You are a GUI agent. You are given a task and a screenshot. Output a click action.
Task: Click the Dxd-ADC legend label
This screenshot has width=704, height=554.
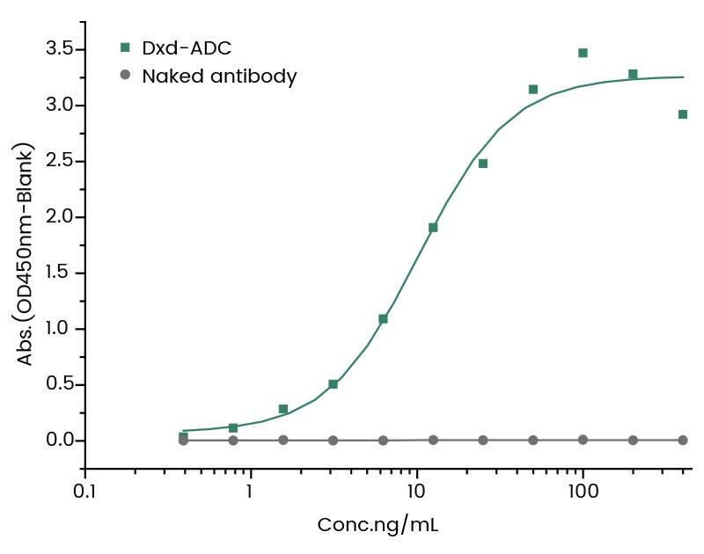pos(187,48)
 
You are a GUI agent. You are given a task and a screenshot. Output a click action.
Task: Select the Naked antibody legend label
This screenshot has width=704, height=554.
pos(219,77)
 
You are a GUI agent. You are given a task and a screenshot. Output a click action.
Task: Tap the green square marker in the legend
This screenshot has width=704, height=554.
pos(125,47)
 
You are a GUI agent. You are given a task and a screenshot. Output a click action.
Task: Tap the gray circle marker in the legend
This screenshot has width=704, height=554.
pos(125,76)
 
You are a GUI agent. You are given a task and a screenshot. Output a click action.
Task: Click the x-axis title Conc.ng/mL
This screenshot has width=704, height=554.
pos(378,526)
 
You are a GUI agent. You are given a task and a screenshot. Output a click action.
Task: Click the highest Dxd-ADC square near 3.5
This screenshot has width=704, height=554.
pos(583,53)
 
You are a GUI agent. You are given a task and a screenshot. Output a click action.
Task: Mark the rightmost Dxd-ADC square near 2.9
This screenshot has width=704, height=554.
pos(683,114)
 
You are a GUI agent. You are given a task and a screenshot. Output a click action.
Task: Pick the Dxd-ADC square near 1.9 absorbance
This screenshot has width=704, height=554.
pos(433,228)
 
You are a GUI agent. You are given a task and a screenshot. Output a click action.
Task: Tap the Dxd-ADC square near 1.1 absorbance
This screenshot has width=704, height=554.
pos(383,319)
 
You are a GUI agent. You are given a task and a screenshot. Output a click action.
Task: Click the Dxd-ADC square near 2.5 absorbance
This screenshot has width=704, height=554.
pos(483,164)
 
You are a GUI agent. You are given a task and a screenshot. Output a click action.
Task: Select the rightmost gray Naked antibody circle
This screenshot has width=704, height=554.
pos(683,440)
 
